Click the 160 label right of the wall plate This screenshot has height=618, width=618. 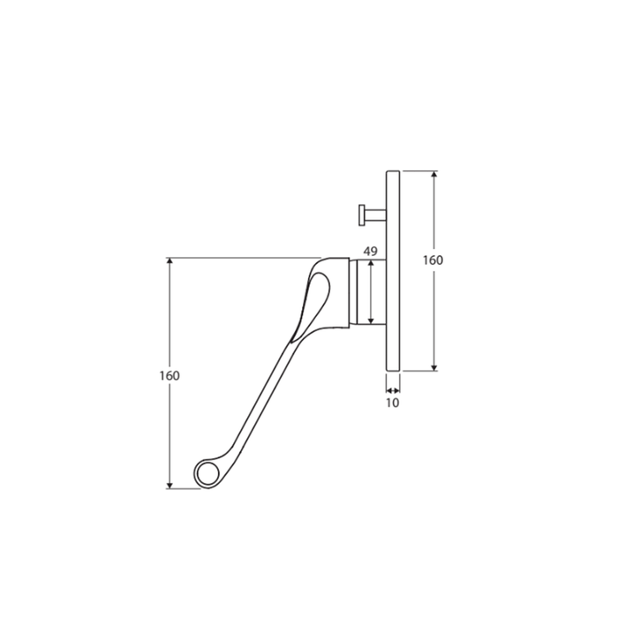pos(433,260)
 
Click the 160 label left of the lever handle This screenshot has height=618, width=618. pos(170,375)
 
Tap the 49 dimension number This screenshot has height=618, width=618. pos(371,252)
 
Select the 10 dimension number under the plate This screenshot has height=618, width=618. pos(393,403)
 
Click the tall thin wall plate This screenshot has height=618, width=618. pos(394,269)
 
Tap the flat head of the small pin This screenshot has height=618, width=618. pos(360,214)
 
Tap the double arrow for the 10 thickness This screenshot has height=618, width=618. pos(393,387)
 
